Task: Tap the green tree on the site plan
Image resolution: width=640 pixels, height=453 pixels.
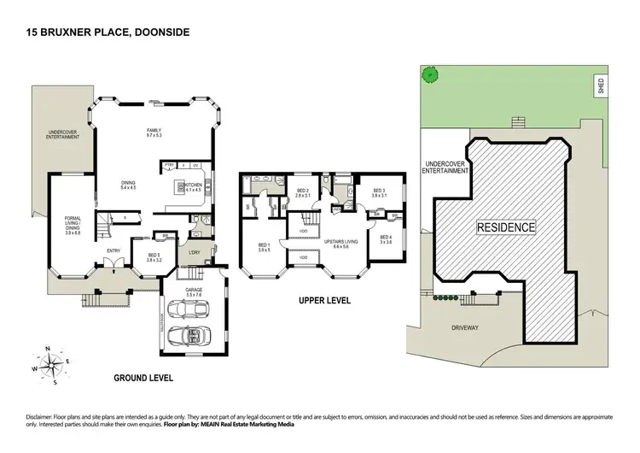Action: (x=431, y=74)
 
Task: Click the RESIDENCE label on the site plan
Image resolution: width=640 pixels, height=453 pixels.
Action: (x=504, y=228)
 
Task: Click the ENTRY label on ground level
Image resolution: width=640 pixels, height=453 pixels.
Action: (x=113, y=250)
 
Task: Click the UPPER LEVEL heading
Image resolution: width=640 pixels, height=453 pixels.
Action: (x=326, y=301)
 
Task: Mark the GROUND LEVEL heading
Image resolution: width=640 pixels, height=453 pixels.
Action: (x=143, y=377)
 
